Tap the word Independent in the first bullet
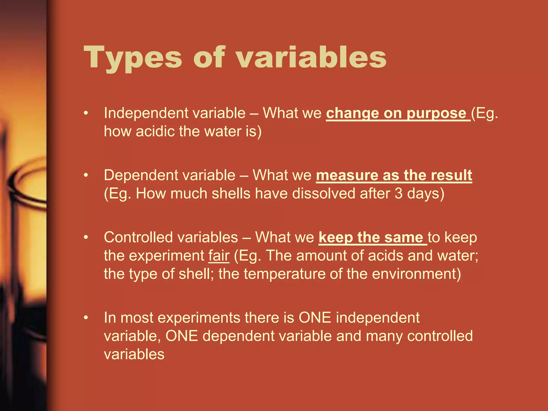click(x=146, y=113)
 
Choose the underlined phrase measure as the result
click(x=394, y=175)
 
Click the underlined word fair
click(x=219, y=256)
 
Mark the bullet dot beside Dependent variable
click(x=86, y=175)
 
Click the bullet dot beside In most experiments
click(x=86, y=318)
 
